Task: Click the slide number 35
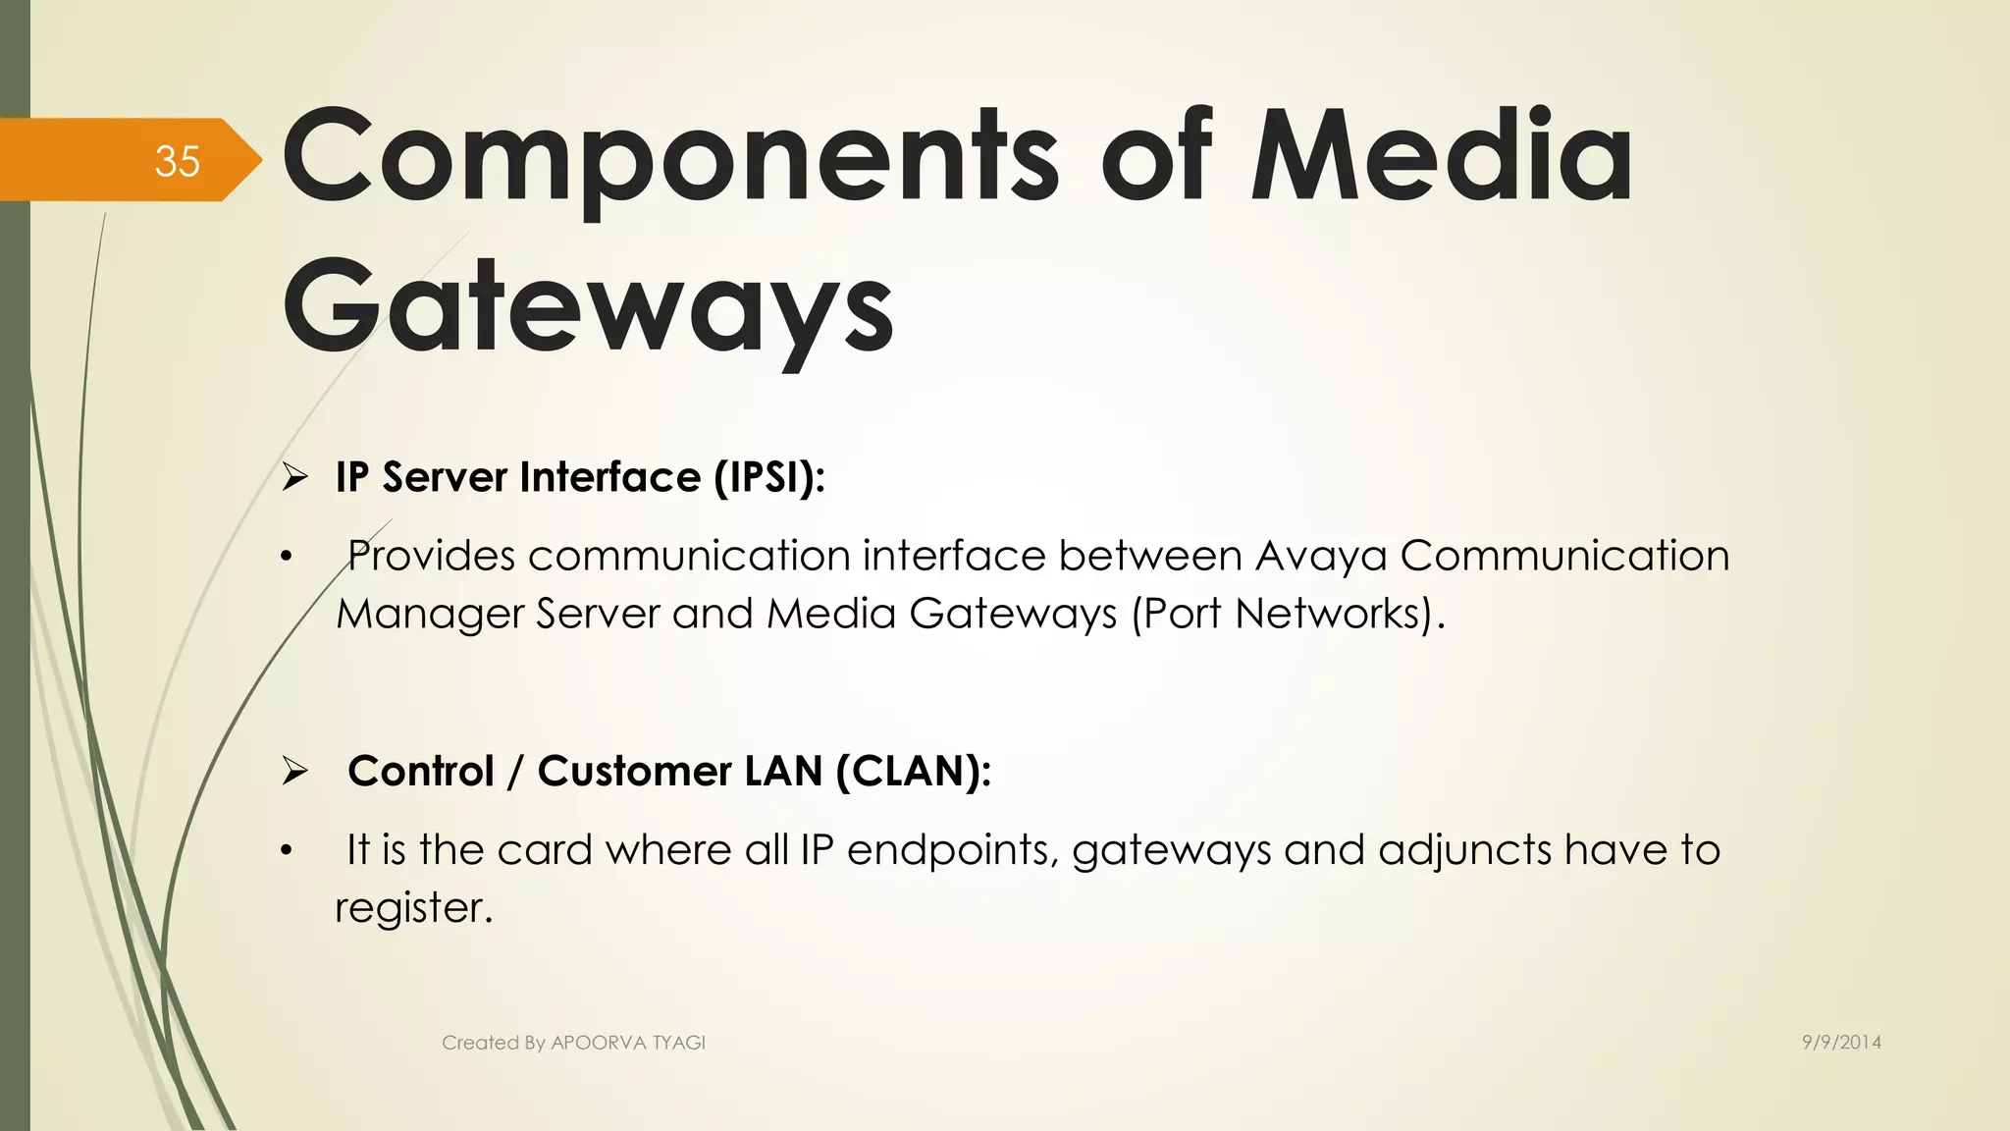click(177, 161)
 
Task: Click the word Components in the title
click(669, 157)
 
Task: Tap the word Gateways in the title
click(588, 305)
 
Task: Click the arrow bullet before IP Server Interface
click(294, 478)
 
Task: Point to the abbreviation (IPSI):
click(769, 478)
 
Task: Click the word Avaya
click(1320, 557)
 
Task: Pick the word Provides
click(431, 557)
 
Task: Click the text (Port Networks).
click(1288, 615)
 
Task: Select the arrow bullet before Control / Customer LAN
click(294, 772)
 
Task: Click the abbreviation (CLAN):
click(913, 772)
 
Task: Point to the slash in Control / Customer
click(515, 772)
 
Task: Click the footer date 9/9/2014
click(1841, 1043)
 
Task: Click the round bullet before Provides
click(286, 558)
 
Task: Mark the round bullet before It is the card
click(286, 851)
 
